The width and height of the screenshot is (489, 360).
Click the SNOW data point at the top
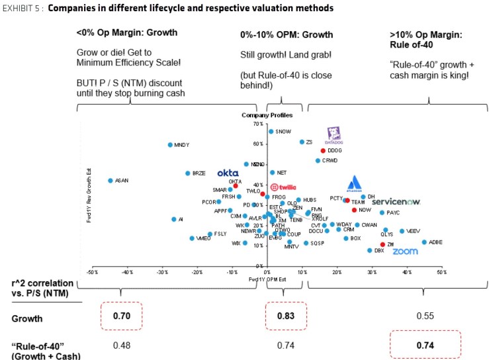[271, 131]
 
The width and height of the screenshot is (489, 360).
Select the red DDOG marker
[323, 151]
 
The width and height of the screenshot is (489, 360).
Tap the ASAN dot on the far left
[111, 181]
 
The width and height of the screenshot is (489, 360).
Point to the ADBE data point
[424, 242]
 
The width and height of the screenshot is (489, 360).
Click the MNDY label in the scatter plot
[181, 145]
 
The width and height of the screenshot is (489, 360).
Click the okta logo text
[228, 173]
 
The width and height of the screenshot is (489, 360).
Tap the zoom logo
[405, 251]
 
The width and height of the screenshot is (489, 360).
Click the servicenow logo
[396, 201]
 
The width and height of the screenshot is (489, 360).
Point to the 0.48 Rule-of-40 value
[120, 345]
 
